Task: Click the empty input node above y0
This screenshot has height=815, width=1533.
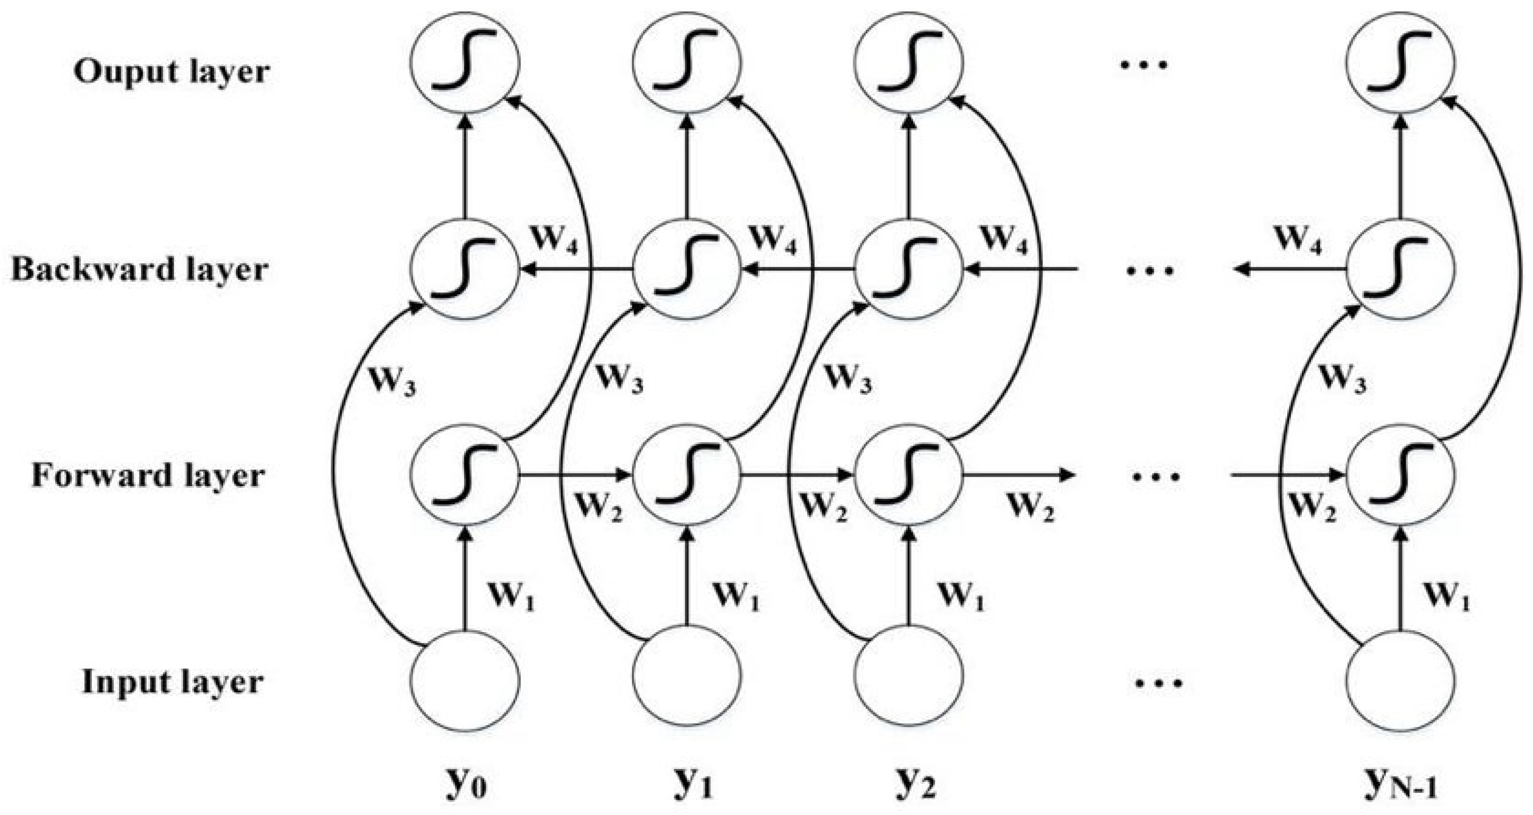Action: click(465, 680)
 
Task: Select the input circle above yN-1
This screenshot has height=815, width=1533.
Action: click(1400, 680)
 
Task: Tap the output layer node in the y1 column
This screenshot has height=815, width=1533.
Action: click(687, 61)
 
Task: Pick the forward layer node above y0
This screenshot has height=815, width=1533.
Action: click(465, 475)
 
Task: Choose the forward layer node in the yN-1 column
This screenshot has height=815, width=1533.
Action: click(1400, 475)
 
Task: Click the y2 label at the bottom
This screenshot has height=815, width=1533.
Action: click(915, 785)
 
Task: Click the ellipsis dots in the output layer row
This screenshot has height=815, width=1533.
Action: click(1144, 64)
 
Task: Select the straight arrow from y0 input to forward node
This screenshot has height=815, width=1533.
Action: click(465, 580)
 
